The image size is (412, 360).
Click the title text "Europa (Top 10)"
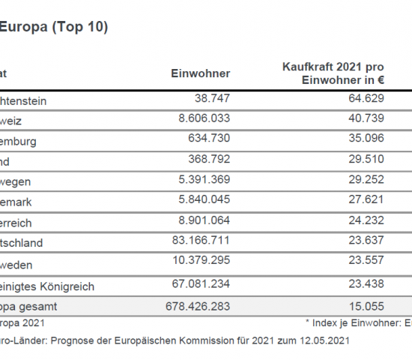pyautogui.click(x=53, y=28)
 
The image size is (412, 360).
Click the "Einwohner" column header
pyautogui.click(x=202, y=73)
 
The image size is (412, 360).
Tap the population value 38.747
pyautogui.click(x=211, y=98)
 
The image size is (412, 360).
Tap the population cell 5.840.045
pyautogui.click(x=200, y=201)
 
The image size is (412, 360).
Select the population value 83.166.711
pyautogui.click(x=197, y=242)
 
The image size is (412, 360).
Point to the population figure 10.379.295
pyautogui.click(x=197, y=263)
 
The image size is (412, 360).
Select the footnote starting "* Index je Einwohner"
pyautogui.click(x=358, y=322)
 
